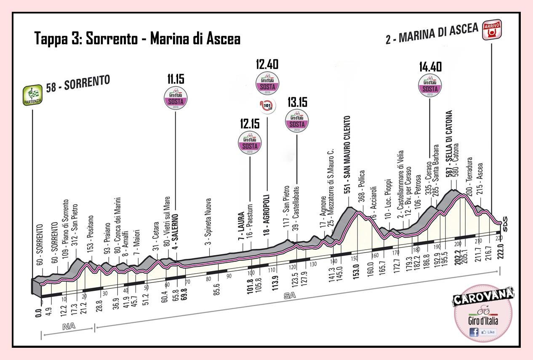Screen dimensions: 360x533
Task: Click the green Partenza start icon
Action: [32, 96]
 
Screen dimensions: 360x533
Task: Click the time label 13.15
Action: [297, 102]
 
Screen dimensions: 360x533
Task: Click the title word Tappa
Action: [50, 39]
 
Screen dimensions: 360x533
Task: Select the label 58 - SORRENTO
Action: [77, 84]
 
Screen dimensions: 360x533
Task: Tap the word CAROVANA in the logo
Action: [483, 297]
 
